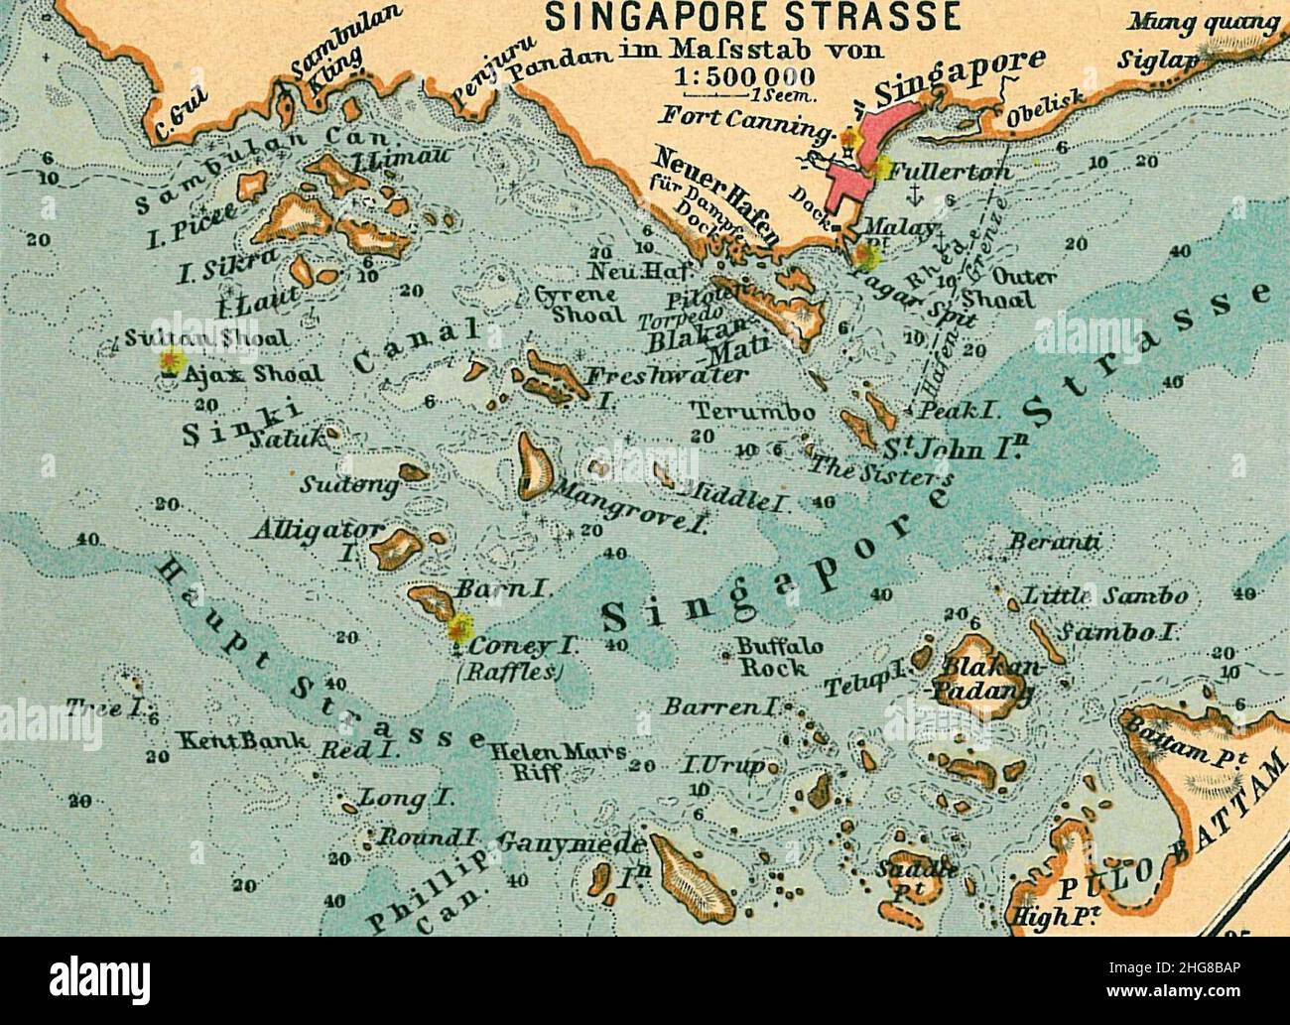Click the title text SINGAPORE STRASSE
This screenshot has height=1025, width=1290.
click(754, 17)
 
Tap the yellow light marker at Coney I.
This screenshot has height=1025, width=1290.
click(458, 628)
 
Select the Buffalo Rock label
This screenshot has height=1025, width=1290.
click(779, 657)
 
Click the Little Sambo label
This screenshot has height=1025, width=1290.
click(1103, 597)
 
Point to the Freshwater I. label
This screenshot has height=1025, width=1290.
click(667, 378)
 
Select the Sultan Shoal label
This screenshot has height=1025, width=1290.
click(208, 339)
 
